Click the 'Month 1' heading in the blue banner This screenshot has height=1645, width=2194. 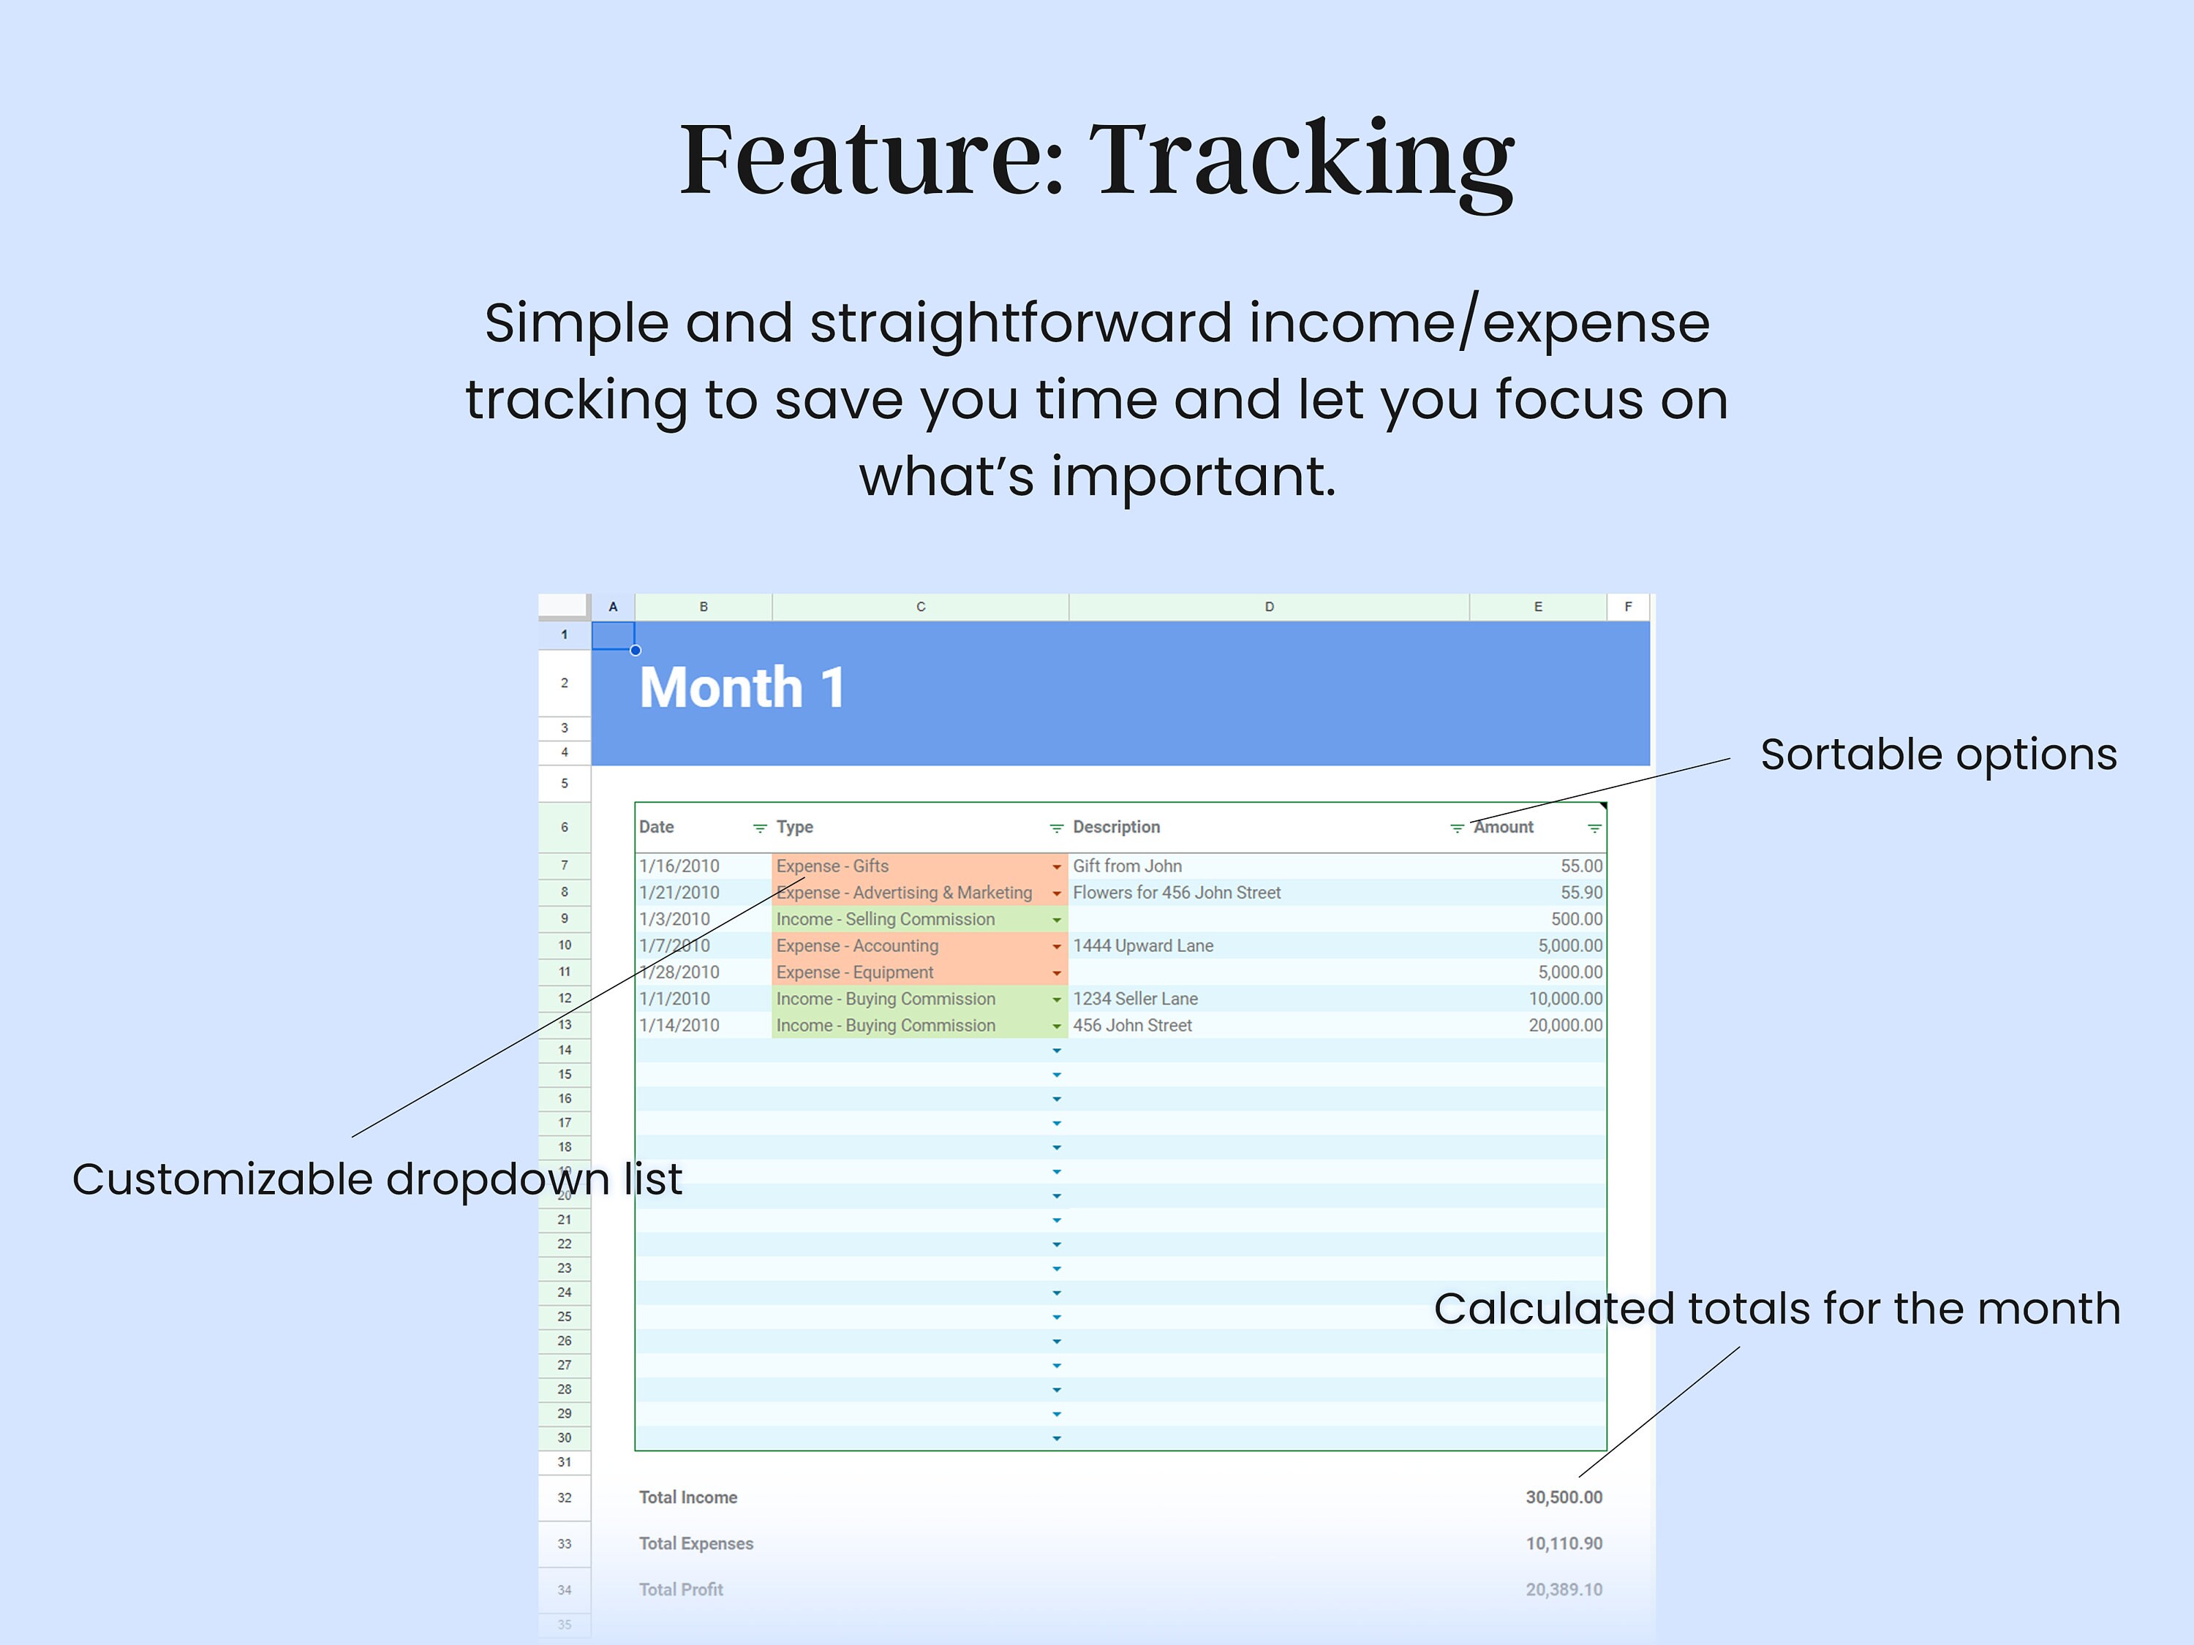click(x=742, y=687)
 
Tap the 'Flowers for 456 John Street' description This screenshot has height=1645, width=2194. click(x=1176, y=893)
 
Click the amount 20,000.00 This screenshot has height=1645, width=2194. click(x=1564, y=1025)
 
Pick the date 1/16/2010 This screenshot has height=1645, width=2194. click(x=679, y=866)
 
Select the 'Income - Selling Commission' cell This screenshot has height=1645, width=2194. click(x=885, y=919)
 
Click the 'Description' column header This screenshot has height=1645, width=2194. click(x=1116, y=827)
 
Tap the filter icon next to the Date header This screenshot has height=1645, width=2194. click(x=760, y=828)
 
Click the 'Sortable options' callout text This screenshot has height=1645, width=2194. click(x=1938, y=755)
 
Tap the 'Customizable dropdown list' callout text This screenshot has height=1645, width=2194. click(x=377, y=1179)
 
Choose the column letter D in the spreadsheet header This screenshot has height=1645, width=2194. click(x=1269, y=607)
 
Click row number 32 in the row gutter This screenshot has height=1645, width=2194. click(x=565, y=1497)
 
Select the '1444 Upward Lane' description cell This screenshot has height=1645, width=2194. click(x=1142, y=946)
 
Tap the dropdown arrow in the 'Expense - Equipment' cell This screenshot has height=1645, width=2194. click(x=1056, y=972)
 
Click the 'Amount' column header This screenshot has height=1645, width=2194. click(x=1504, y=827)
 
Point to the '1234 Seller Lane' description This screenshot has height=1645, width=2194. click(x=1135, y=999)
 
